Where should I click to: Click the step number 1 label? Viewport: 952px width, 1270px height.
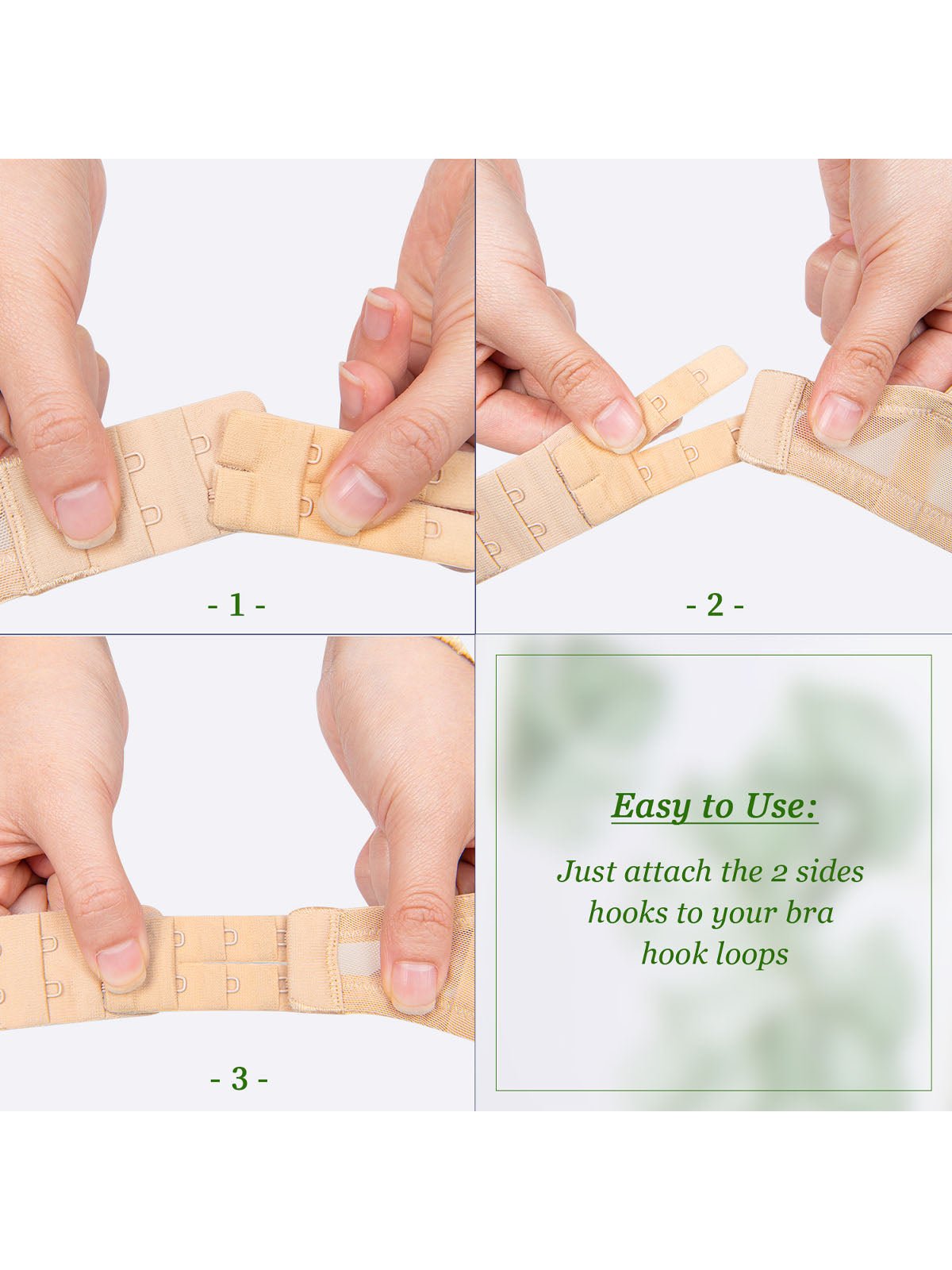pos(236,605)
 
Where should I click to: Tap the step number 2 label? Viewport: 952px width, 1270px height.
pos(715,605)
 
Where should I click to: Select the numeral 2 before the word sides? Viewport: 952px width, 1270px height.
pos(777,873)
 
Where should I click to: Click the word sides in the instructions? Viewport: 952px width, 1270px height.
pos(830,872)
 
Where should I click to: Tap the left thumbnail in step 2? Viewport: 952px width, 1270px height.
pos(619,425)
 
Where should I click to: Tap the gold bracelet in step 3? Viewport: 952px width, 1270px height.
pos(457,648)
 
